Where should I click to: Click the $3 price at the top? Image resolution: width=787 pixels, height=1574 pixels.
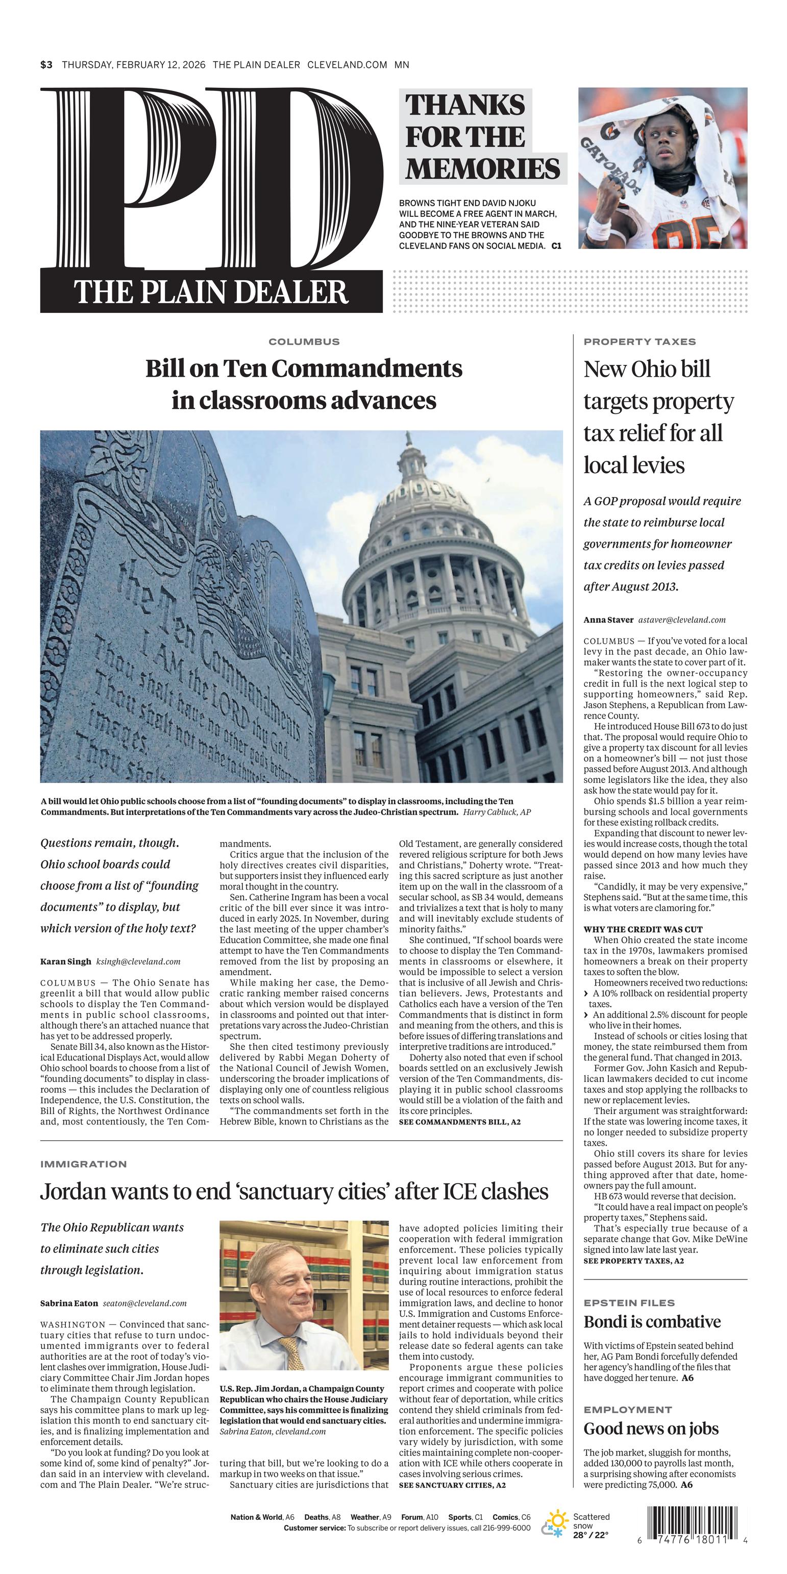click(46, 65)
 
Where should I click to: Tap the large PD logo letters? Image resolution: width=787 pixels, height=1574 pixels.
click(211, 180)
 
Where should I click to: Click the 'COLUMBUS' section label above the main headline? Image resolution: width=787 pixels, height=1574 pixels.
click(304, 341)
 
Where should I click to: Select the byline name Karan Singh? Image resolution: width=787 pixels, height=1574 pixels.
click(65, 961)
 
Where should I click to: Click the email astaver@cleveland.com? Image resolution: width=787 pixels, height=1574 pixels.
click(682, 620)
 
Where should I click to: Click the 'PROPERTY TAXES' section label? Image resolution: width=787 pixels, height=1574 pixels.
click(639, 341)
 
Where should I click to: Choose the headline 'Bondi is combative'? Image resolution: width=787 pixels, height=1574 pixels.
click(652, 1322)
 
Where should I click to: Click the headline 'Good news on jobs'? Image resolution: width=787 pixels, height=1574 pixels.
click(651, 1429)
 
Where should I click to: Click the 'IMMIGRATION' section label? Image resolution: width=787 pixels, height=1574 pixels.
click(83, 1164)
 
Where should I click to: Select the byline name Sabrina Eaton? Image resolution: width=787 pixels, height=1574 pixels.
click(69, 1304)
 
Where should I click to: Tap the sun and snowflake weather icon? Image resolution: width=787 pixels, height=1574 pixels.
click(555, 1523)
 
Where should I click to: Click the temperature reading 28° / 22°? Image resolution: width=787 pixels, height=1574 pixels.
click(590, 1535)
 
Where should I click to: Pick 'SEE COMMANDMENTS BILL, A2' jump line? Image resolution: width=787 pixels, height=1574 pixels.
click(459, 1122)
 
